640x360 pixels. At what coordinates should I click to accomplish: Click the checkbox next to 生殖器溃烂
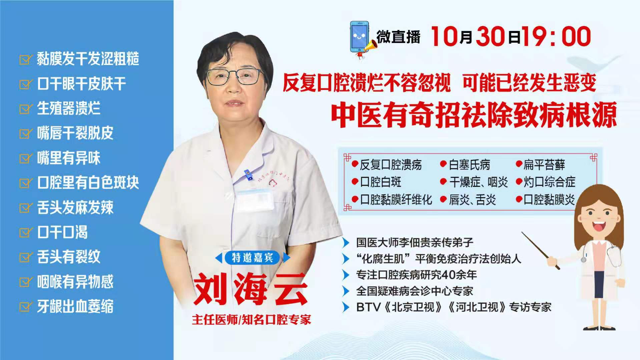coord(26,109)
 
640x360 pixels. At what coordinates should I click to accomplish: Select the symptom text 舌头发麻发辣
coord(75,207)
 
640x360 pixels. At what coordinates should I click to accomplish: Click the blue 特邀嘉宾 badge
coord(252,258)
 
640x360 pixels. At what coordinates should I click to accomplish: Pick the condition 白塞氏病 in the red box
coord(470,165)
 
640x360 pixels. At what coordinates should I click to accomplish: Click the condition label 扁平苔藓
coord(544,165)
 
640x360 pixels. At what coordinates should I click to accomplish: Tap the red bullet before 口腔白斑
coord(355,182)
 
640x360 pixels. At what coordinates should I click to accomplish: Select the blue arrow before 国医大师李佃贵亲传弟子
coord(346,242)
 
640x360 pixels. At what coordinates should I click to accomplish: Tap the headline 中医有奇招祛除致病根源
coord(474,115)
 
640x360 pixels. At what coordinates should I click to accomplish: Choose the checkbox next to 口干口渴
coord(26,232)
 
